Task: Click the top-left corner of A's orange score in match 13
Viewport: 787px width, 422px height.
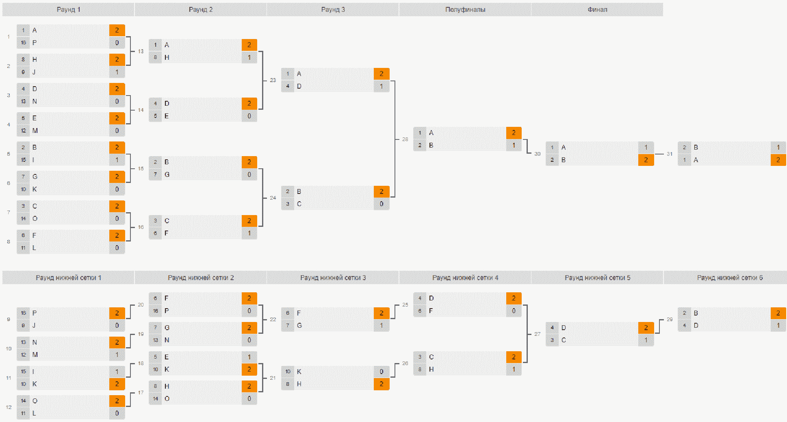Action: [x=242, y=39]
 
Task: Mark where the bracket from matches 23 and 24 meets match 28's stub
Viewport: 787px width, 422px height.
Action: [x=395, y=139]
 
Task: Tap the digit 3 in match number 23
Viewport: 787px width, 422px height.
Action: [x=274, y=80]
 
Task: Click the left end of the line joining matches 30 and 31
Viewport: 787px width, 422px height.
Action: [x=655, y=154]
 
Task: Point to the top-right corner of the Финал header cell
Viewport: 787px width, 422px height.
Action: [x=663, y=3]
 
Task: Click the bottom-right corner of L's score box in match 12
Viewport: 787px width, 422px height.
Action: [x=125, y=419]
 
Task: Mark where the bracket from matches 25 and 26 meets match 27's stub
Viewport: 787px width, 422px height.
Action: [x=527, y=334]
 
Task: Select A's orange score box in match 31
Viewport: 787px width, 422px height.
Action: [x=778, y=160]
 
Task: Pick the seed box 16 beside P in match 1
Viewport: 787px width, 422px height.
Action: [x=23, y=43]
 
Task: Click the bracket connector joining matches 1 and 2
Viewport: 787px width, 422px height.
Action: [x=130, y=51]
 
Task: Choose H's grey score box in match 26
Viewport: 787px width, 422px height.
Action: [x=514, y=369]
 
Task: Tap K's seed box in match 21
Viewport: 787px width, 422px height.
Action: [x=288, y=372]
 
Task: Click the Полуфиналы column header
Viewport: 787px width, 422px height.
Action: [x=465, y=9]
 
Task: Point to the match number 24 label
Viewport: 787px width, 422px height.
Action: [x=273, y=198]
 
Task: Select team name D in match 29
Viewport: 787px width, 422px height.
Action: [x=696, y=325]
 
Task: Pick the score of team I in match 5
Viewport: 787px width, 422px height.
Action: [x=117, y=160]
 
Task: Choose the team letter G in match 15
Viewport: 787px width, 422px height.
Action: [x=167, y=174]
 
